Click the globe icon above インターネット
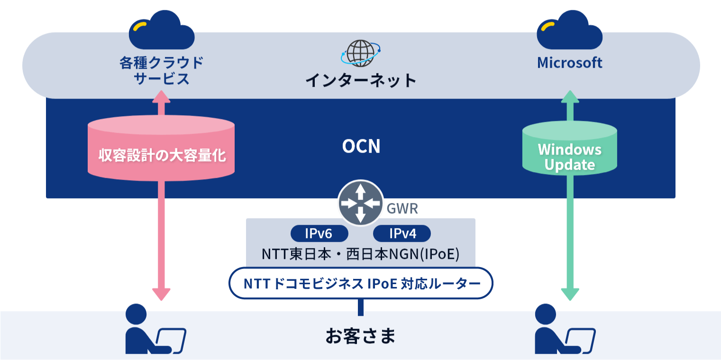point(360,53)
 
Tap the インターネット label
point(361,80)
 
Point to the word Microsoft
point(569,63)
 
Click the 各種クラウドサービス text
point(162,70)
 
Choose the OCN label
point(361,147)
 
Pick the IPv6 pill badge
point(319,233)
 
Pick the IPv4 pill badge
point(402,233)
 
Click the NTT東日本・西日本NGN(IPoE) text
point(361,254)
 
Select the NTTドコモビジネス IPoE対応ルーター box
point(361,283)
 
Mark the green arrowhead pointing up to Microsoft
point(570,97)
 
